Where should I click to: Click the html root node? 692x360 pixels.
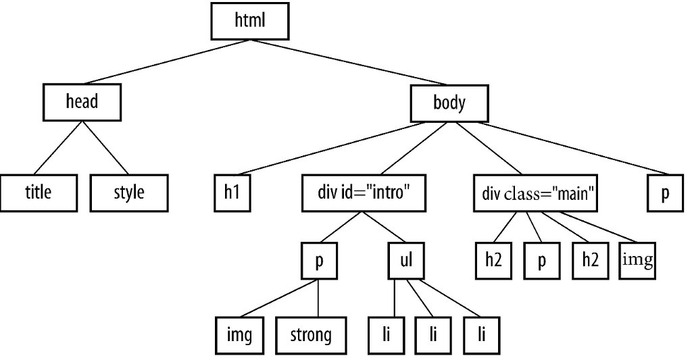(x=250, y=22)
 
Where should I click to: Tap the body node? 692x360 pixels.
(x=449, y=104)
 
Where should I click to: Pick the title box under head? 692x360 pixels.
(x=38, y=193)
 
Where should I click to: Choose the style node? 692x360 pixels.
(x=129, y=193)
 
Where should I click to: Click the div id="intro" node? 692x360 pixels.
(x=364, y=194)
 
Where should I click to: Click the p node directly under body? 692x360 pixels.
(x=666, y=194)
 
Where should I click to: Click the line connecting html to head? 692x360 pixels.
(x=166, y=63)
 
